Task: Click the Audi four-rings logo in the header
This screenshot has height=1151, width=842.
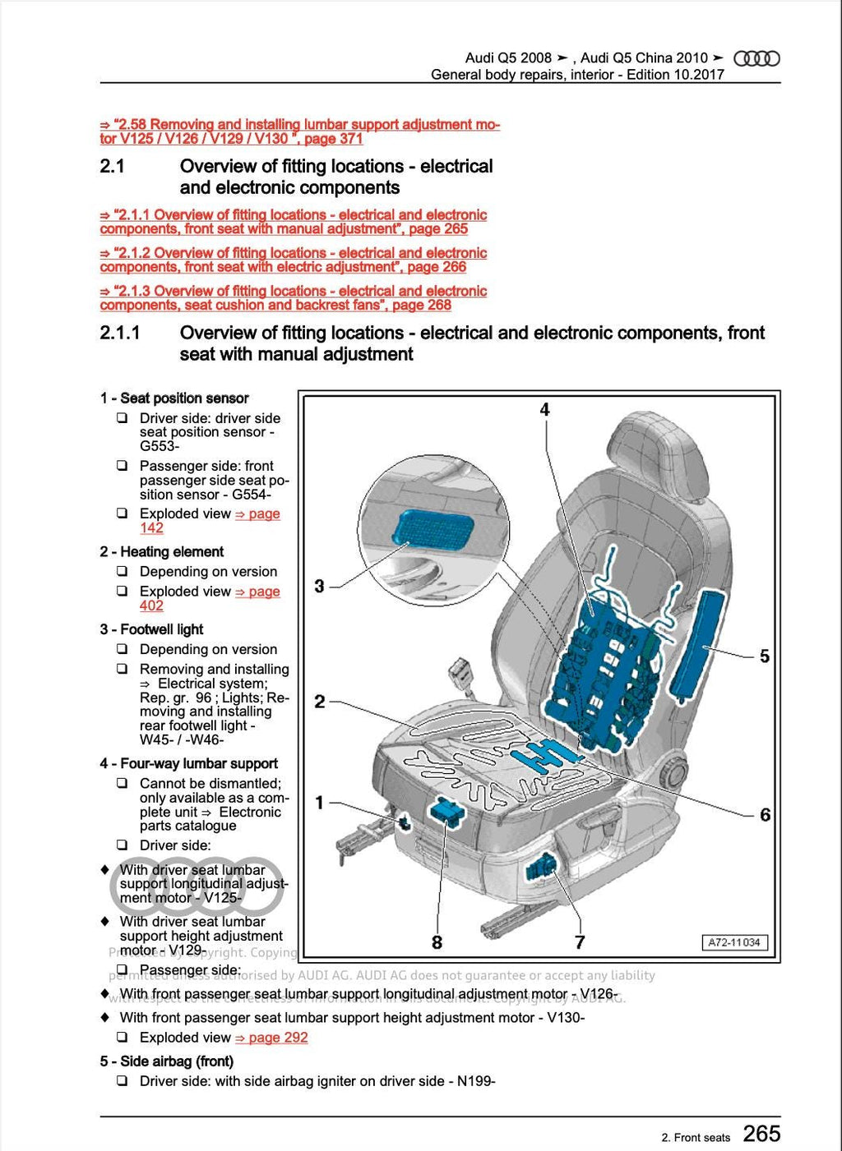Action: click(x=756, y=58)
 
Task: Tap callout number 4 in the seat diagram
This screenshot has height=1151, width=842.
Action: click(x=544, y=409)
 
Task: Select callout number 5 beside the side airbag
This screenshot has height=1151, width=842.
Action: click(x=764, y=656)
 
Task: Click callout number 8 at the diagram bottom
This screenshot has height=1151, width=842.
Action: click(x=437, y=942)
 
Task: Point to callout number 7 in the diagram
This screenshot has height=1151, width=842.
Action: click(x=579, y=942)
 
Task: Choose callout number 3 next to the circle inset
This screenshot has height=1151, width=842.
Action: click(x=320, y=586)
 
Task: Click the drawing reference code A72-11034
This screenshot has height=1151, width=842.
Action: click(x=733, y=942)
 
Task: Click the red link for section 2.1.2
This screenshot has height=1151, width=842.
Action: click(x=293, y=260)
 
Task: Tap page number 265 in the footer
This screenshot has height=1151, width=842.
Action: click(x=761, y=1134)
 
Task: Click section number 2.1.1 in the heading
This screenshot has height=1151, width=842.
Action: click(x=120, y=333)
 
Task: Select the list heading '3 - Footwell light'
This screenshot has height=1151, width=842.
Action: click(x=152, y=629)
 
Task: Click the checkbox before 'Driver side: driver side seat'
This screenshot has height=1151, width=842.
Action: click(x=122, y=418)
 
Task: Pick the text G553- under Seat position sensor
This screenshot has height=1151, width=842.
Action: click(x=159, y=446)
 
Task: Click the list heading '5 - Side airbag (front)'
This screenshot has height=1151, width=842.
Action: click(x=167, y=1061)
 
